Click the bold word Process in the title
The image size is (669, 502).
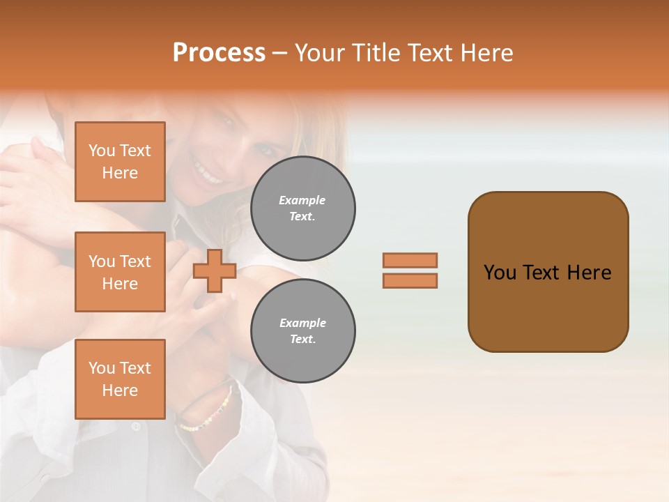[x=219, y=53]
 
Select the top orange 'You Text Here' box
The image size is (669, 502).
[x=120, y=162]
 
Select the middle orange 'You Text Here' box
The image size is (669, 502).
[x=120, y=272]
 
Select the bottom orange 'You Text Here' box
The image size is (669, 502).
[x=120, y=379]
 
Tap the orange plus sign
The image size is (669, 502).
[x=215, y=271]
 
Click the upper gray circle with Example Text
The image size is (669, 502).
[x=303, y=208]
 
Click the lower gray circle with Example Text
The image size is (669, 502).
[x=303, y=331]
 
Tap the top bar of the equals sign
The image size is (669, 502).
[x=410, y=260]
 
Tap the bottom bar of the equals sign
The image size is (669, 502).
[x=410, y=280]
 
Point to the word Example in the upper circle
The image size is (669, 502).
[x=302, y=200]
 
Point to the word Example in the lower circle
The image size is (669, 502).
[x=302, y=323]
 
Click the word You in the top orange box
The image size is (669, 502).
[x=101, y=151]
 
